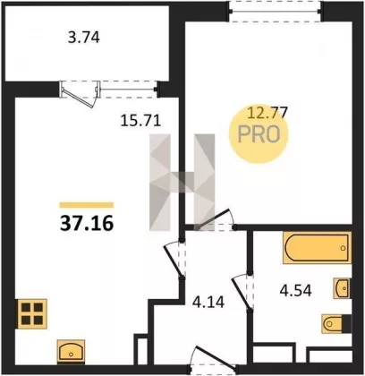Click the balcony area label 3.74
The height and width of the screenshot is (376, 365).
[x=84, y=38]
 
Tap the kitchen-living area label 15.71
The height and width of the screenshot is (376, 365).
[x=140, y=121]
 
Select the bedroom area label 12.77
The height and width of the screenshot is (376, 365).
[x=267, y=113]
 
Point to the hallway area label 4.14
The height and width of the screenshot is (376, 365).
[x=208, y=302]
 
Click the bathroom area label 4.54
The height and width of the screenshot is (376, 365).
[x=296, y=290]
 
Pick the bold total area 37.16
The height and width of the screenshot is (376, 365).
[x=87, y=224]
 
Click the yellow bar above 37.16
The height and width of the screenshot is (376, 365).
[x=87, y=205]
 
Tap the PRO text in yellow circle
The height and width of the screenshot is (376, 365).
[x=259, y=134]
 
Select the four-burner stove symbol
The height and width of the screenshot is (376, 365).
[x=31, y=313]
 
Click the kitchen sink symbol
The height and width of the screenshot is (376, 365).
[x=71, y=352]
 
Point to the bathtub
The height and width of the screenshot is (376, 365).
[x=317, y=248]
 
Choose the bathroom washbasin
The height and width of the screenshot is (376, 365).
[x=342, y=288]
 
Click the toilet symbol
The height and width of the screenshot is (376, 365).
[x=336, y=323]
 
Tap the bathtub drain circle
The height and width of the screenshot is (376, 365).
[x=343, y=248]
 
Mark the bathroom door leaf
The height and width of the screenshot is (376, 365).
[x=242, y=294]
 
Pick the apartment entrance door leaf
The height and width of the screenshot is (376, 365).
[x=214, y=355]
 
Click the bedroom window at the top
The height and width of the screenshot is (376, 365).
[x=276, y=12]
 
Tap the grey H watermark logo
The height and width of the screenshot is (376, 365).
[x=182, y=183]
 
